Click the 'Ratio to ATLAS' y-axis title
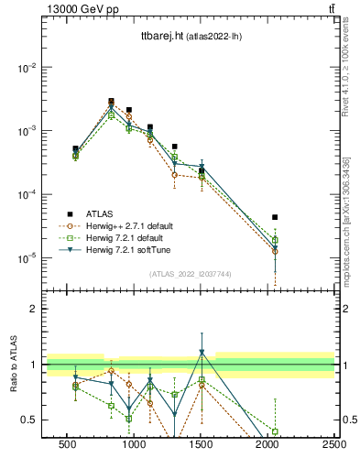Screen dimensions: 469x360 [x=14, y=364]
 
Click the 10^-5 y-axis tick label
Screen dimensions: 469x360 [x=27, y=258]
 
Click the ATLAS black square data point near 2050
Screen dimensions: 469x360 [x=275, y=217]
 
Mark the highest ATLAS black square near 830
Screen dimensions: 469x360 [x=111, y=102]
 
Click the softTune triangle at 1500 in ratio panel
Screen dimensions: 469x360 [x=202, y=353]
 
